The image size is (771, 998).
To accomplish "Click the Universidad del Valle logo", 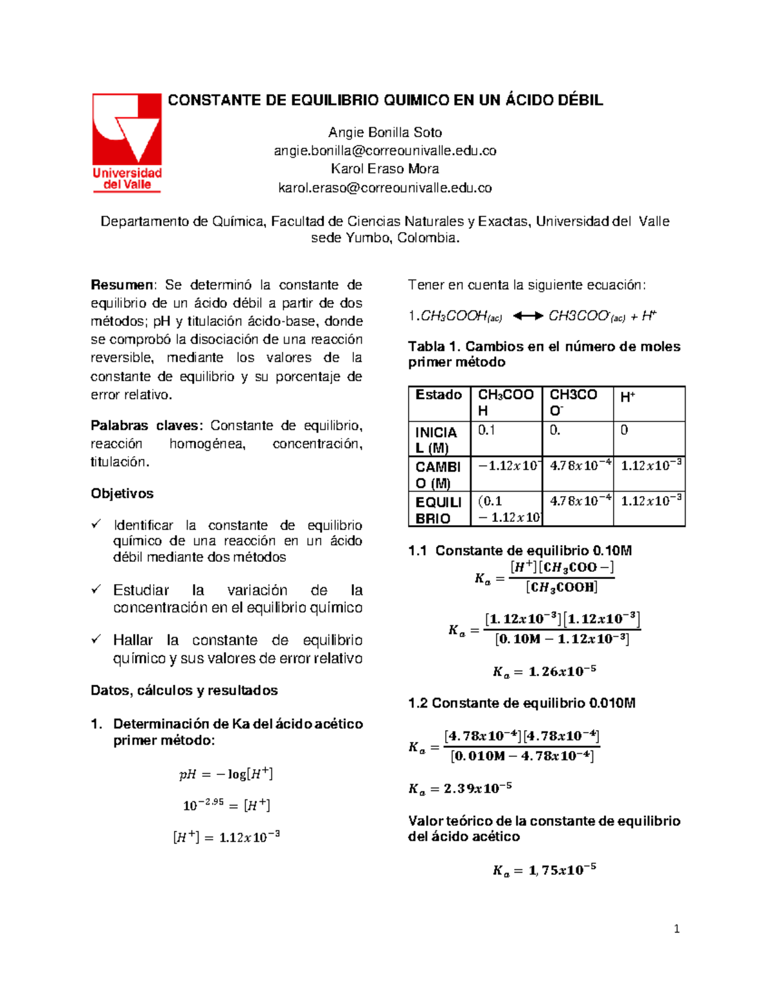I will (127, 142).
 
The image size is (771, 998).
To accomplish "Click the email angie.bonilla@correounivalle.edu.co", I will (385, 150).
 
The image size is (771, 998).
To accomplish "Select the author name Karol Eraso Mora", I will (385, 168).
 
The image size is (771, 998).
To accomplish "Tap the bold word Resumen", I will (122, 285).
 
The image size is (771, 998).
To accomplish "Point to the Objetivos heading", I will (122, 494).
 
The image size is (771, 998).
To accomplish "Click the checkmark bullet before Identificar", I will (96, 524).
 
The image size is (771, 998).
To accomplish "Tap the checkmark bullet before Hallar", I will (96, 639).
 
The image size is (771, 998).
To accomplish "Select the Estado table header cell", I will (439, 395).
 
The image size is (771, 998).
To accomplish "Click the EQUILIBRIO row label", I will (439, 510).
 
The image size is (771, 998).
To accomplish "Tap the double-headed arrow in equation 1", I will (528, 316).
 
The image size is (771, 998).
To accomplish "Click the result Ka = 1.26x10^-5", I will (544, 672).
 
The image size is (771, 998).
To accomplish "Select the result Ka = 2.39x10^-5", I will (460, 789).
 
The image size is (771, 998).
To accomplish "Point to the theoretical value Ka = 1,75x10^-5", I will (544, 870).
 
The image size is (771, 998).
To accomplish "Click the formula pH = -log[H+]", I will (226, 774).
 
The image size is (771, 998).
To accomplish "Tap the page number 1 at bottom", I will (677, 929).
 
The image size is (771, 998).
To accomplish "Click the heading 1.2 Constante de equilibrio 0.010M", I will (522, 703).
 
